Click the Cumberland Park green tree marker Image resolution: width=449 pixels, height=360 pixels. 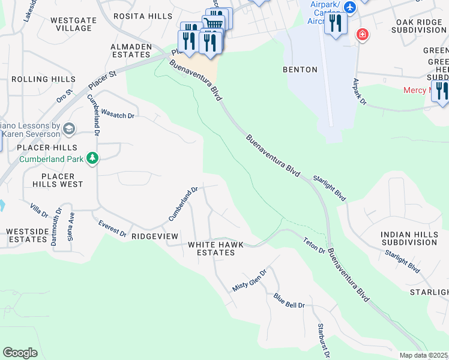click(92, 158)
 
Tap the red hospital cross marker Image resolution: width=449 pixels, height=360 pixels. click(362, 34)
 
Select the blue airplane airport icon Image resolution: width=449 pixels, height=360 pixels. click(351, 8)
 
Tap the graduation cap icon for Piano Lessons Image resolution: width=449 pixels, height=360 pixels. click(70, 127)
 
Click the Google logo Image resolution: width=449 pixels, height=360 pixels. click(20, 352)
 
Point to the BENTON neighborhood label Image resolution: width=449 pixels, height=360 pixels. click(300, 70)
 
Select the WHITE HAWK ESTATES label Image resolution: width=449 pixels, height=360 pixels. click(211, 248)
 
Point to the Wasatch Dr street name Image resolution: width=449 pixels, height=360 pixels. click(117, 114)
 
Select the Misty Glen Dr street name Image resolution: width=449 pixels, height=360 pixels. click(249, 280)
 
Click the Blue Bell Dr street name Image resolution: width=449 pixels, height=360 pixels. click(289, 301)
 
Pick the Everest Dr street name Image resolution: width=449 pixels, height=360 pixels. click(113, 228)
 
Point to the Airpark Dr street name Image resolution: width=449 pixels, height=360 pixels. click(359, 92)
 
